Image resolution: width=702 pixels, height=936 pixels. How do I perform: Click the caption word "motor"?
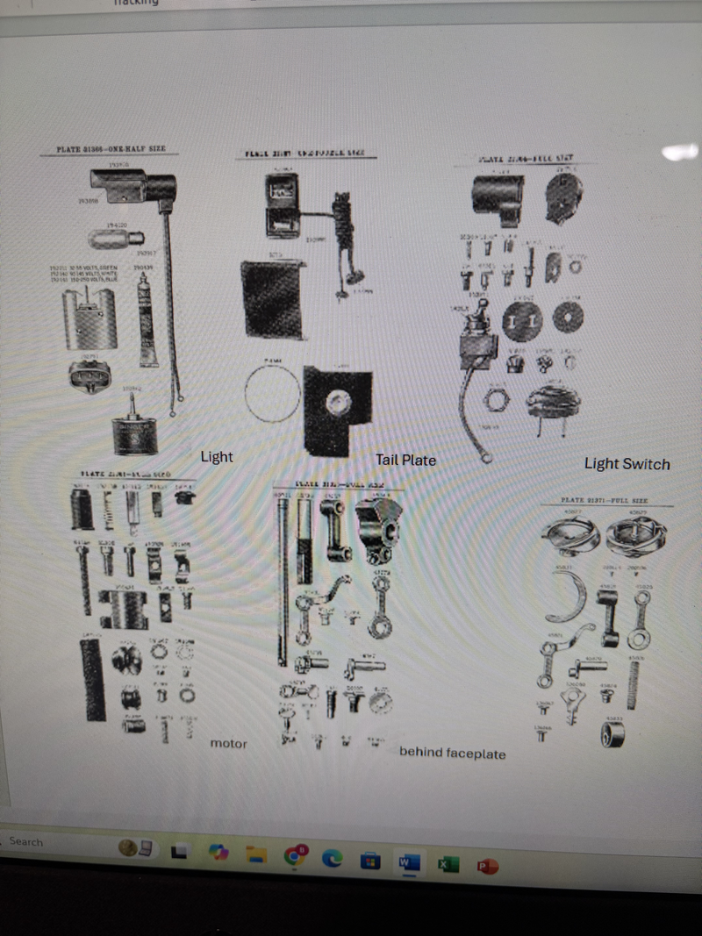[x=228, y=744]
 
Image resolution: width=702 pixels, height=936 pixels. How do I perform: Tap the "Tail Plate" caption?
[x=405, y=460]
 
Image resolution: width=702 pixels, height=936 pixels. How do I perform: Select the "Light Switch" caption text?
[x=627, y=464]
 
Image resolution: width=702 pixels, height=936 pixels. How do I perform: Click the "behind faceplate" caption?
[x=452, y=753]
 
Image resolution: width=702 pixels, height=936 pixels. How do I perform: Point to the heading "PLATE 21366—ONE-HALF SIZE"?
[x=111, y=150]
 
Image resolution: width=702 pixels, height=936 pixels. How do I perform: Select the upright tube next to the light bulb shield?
[x=147, y=320]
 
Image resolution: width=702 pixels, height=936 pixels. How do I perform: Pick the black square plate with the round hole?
[x=336, y=405]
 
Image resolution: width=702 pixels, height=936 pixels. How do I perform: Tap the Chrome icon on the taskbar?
[x=295, y=857]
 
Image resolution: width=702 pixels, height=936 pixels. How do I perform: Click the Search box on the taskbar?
[x=26, y=842]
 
